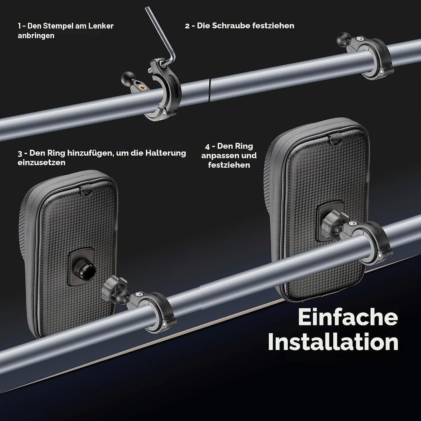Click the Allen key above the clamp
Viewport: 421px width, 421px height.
point(161,37)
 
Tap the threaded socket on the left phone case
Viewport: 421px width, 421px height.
point(83,267)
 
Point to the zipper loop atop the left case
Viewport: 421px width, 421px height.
point(86,191)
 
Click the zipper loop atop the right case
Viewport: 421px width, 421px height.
point(335,140)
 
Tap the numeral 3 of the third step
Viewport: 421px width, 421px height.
point(20,154)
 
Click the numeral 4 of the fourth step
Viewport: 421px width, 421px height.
point(207,147)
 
